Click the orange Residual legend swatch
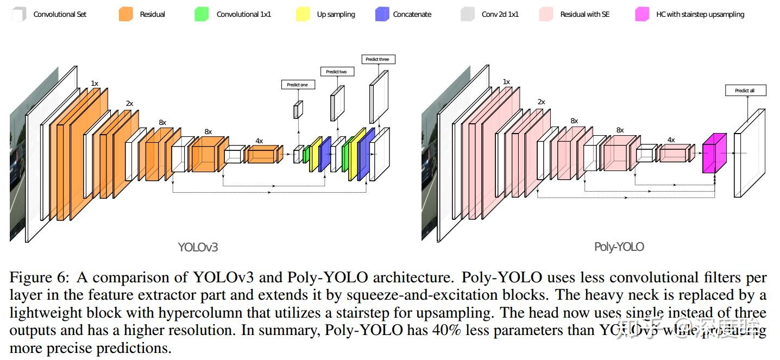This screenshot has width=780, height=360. click(x=125, y=15)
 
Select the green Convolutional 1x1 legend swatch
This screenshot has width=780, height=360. click(x=202, y=15)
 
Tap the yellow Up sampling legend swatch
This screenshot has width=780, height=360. click(x=303, y=15)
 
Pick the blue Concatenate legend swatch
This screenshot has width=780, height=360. click(x=382, y=15)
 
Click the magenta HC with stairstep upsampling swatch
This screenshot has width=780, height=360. click(x=642, y=15)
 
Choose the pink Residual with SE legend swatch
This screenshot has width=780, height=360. click(x=546, y=15)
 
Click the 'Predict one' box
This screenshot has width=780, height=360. click(x=298, y=85)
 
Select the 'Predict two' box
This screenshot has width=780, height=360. click(x=336, y=72)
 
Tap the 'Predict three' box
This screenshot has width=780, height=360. click(x=378, y=59)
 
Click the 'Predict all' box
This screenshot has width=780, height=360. click(x=745, y=91)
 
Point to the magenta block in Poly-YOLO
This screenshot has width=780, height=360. click(x=714, y=154)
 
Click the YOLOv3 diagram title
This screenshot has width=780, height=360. click(x=198, y=248)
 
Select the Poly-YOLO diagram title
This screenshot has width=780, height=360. click(x=619, y=247)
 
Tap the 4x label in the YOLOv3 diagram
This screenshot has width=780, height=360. click(x=259, y=141)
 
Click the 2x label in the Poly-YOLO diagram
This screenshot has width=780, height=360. click(x=541, y=102)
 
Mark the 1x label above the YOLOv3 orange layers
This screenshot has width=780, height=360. click(x=95, y=84)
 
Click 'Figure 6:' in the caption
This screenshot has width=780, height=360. click(x=40, y=278)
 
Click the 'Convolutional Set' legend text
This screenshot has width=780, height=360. click(x=60, y=15)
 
